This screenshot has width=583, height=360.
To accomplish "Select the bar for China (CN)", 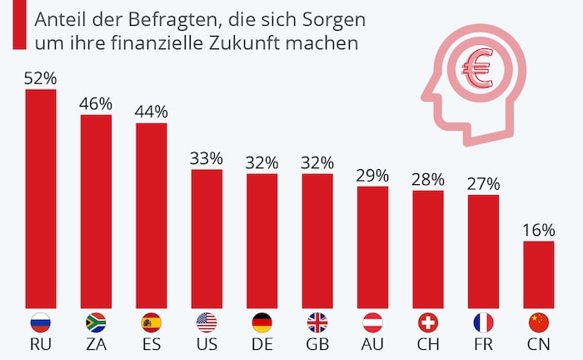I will [539, 274].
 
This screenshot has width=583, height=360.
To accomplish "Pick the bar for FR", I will [483, 251].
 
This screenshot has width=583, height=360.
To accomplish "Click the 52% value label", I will [41, 79].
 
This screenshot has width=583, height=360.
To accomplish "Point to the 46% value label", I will [96, 104].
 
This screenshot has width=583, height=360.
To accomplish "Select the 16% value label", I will [539, 231].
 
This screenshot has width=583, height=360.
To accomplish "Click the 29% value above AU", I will [372, 176].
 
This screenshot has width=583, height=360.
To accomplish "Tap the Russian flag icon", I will [41, 322].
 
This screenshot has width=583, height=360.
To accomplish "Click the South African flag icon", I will [96, 322].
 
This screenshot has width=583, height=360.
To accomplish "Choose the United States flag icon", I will [207, 322].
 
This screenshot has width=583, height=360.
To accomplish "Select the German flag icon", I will [262, 322].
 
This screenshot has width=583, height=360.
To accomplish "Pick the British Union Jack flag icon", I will [317, 322].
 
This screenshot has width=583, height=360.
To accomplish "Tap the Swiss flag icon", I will [428, 322].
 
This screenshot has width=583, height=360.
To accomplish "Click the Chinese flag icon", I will [539, 322].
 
